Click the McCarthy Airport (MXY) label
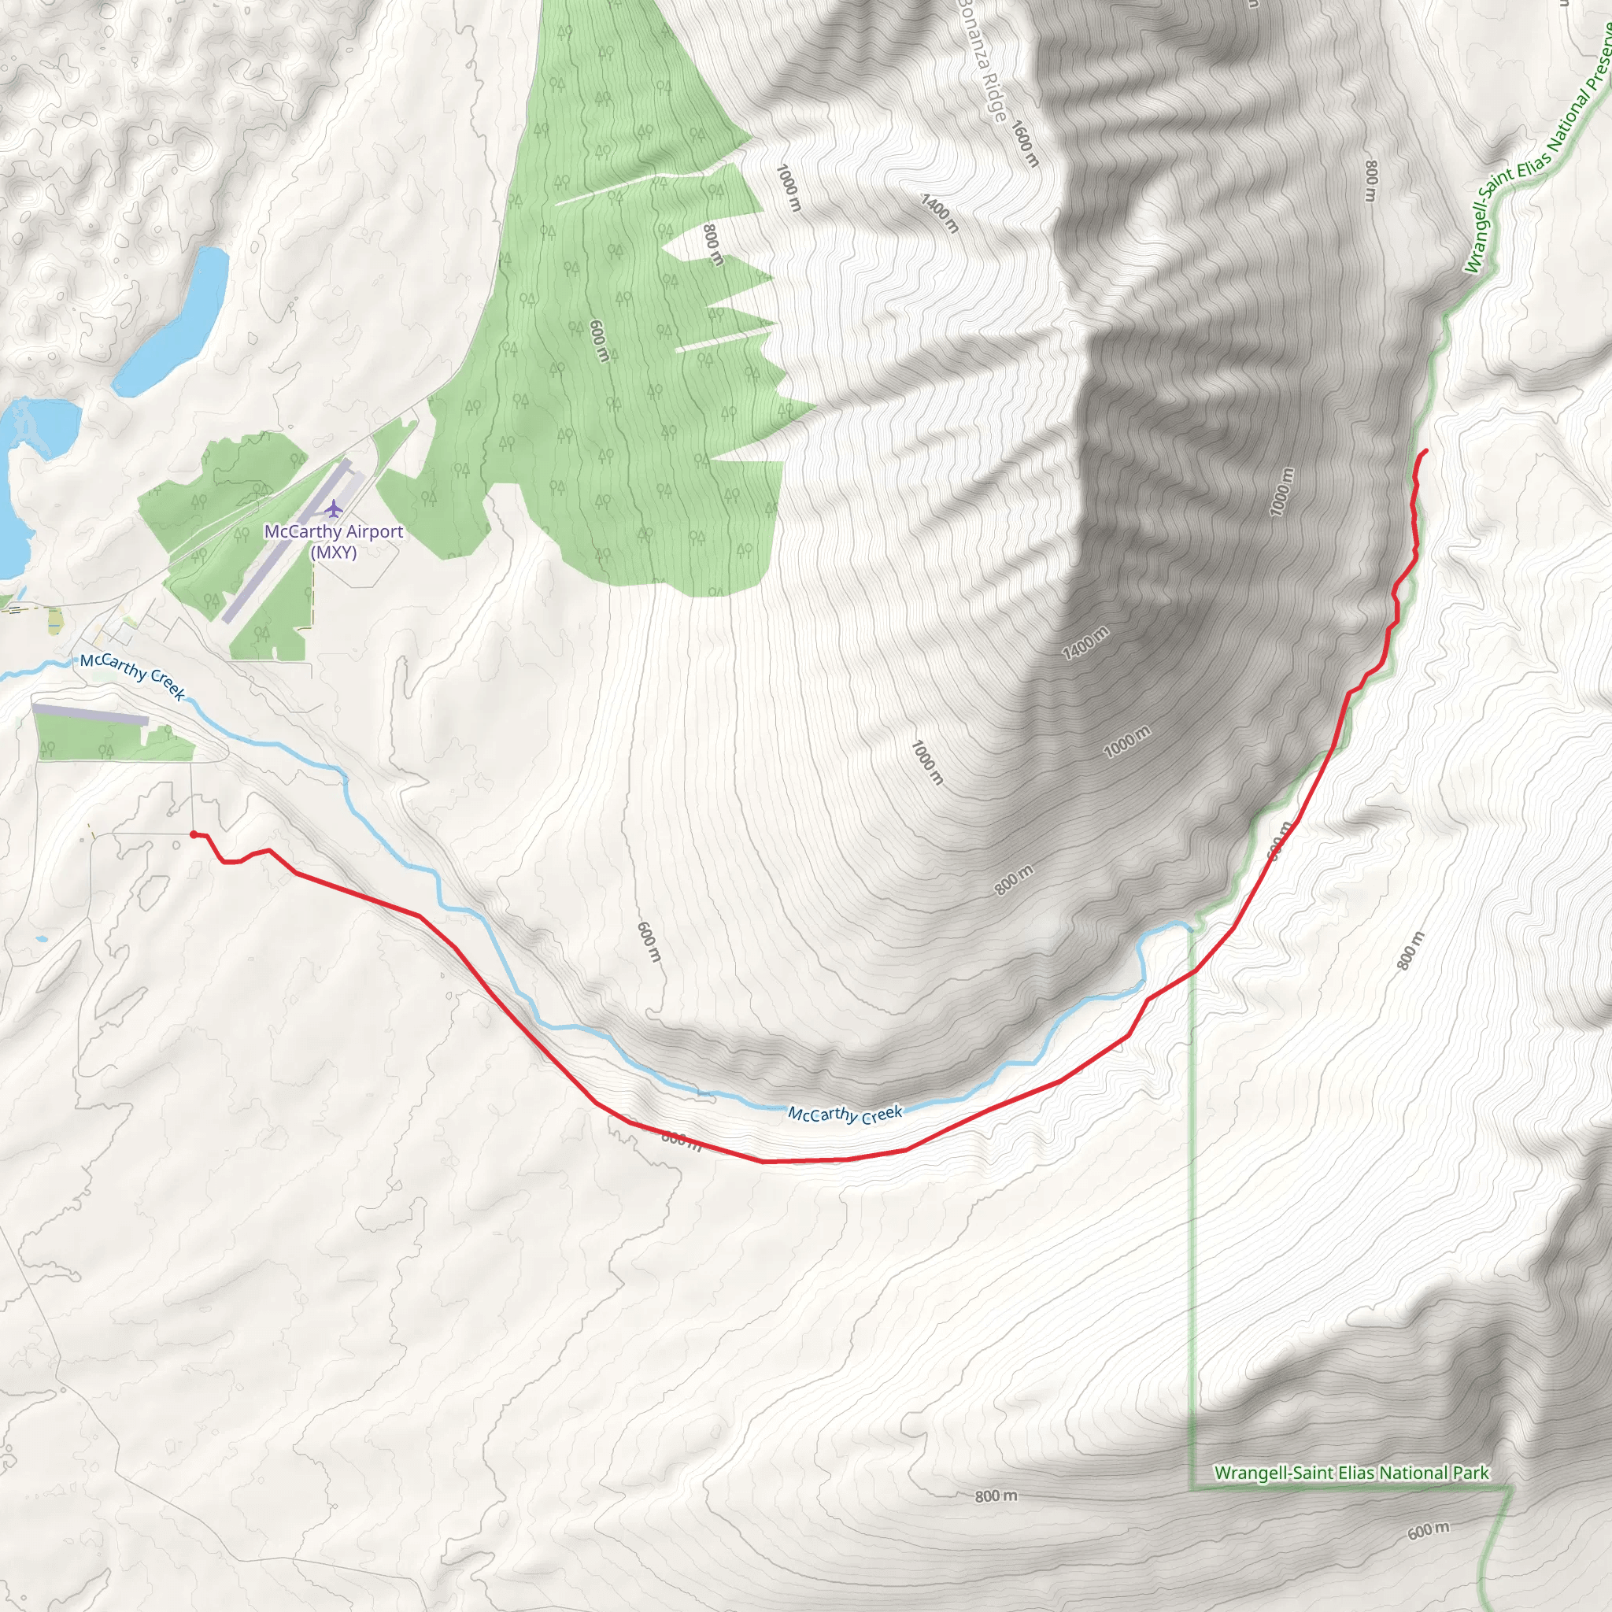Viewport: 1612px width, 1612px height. pos(334,542)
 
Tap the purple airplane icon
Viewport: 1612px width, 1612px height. pos(334,508)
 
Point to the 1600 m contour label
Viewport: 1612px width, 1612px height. pos(1025,143)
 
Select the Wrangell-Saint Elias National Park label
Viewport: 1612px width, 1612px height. pos(1351,1473)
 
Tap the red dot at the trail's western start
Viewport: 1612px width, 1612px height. pos(194,834)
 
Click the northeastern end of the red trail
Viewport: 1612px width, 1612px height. pos(1425,450)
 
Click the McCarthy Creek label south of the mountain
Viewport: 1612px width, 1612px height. pos(845,1114)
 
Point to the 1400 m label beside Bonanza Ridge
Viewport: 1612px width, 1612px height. pos(940,213)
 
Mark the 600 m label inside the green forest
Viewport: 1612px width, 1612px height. pos(598,340)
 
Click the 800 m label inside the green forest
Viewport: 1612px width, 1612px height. pos(712,245)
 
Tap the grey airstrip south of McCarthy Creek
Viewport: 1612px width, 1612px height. pos(90,713)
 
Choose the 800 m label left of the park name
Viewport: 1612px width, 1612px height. pos(996,1496)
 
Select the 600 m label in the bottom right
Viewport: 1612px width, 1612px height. pos(1429,1530)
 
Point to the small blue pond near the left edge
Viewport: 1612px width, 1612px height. pos(41,940)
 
